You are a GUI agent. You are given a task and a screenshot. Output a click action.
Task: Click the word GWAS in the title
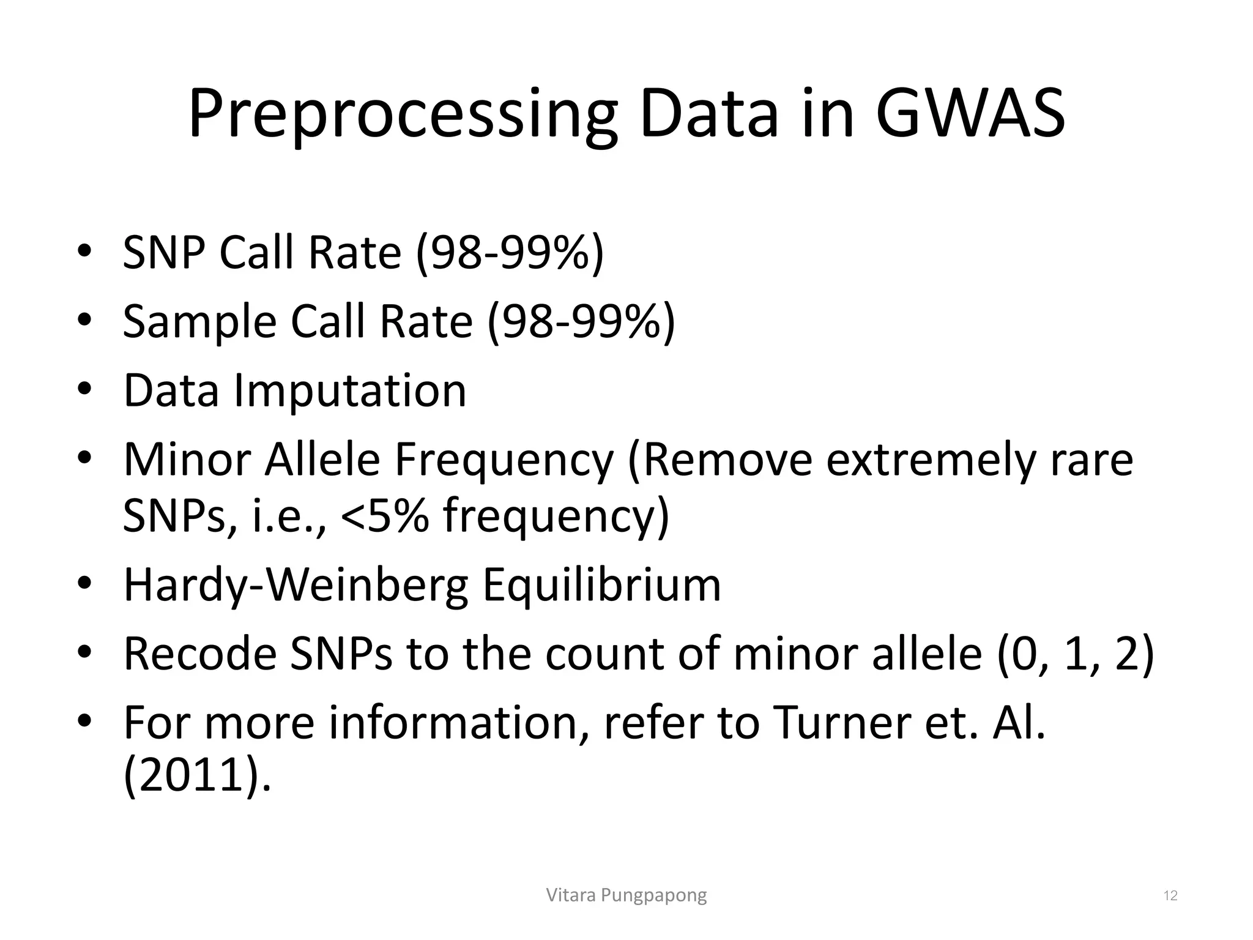[970, 114]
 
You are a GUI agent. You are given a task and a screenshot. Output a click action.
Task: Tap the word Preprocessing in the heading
[402, 114]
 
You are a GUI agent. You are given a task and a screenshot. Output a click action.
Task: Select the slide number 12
[1170, 896]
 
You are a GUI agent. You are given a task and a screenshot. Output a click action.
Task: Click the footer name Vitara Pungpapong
[626, 895]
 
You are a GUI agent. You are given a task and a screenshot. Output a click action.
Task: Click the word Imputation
[350, 390]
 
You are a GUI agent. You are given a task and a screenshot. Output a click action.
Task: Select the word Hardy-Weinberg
[296, 585]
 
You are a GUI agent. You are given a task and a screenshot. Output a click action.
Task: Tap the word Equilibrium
[601, 585]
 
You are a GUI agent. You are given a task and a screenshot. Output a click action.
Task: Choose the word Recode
[199, 654]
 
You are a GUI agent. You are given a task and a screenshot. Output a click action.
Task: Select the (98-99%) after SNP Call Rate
[510, 252]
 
